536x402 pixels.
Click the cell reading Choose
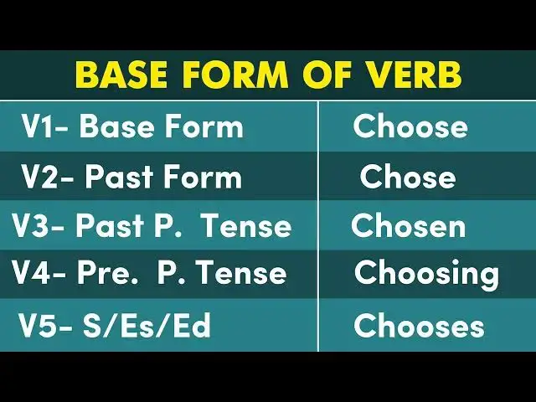[x=410, y=126]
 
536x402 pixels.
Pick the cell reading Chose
[x=408, y=177]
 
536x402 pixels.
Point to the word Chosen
[x=408, y=226]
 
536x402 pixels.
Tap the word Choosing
[x=426, y=274]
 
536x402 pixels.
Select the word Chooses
[x=419, y=326]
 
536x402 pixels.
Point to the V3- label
[x=39, y=226]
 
